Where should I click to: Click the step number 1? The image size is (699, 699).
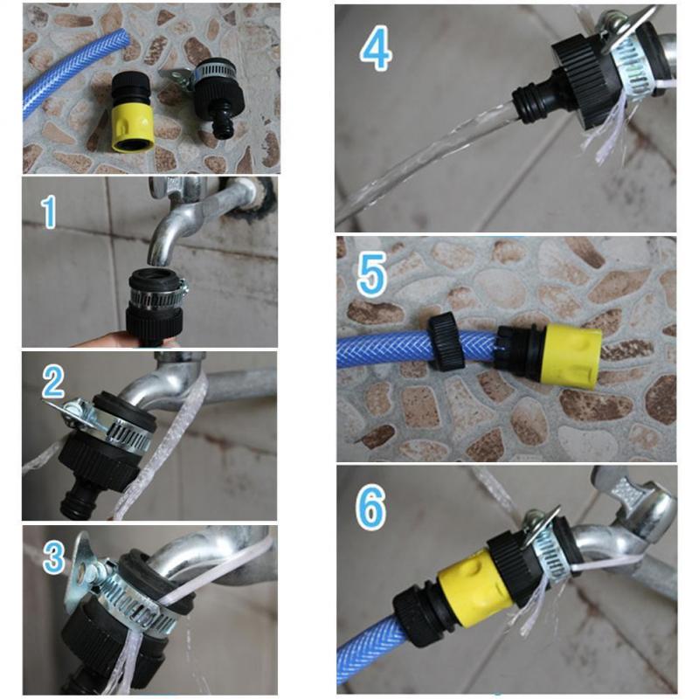tap(49, 211)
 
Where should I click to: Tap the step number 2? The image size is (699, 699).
tap(54, 383)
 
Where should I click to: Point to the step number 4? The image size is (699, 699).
tap(376, 50)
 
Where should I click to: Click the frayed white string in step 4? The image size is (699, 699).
tap(612, 131)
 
